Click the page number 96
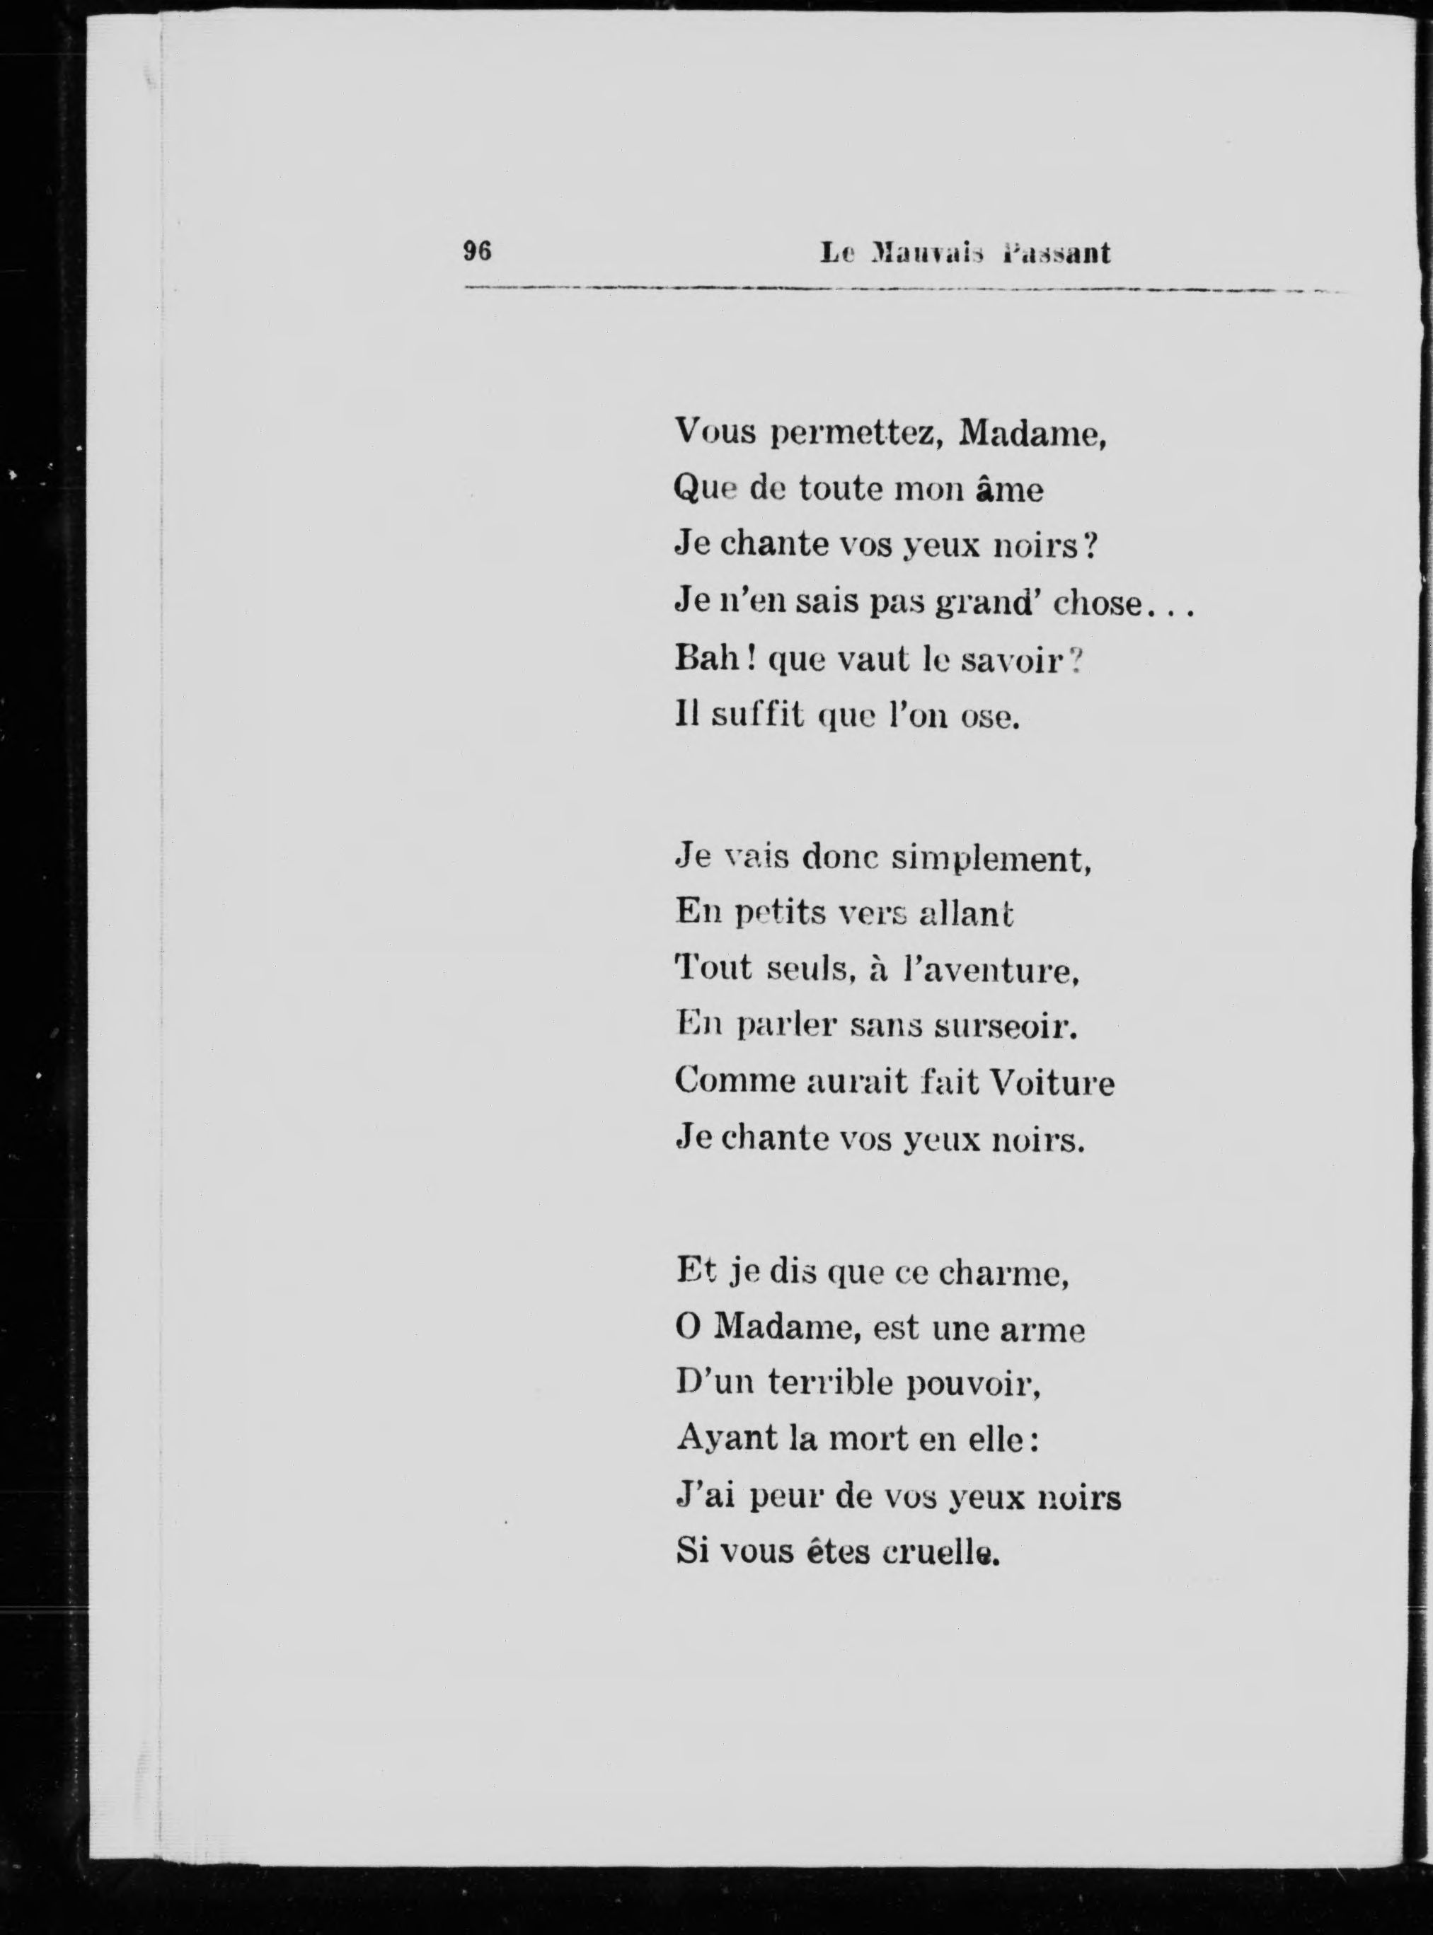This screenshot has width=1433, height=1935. pyautogui.click(x=477, y=252)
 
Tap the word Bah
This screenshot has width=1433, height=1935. pyautogui.click(x=707, y=660)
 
